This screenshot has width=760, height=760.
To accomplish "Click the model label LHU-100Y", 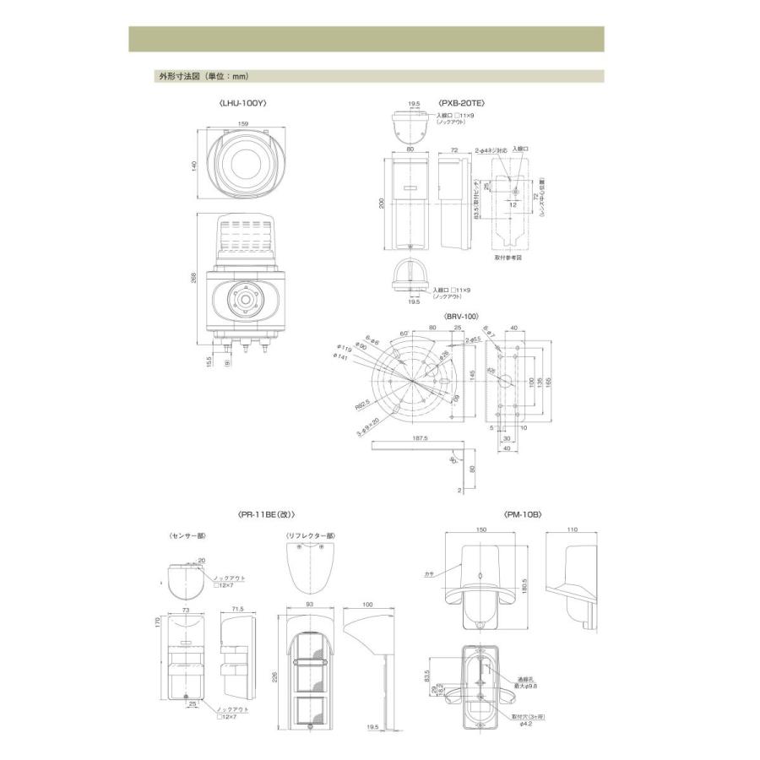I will [243, 103].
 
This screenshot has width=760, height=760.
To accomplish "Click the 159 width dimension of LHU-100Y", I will [243, 123].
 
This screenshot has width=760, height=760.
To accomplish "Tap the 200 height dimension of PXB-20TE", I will [381, 203].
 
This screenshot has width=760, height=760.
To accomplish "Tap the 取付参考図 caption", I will [508, 258].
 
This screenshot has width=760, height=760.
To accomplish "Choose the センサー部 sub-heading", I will [187, 535].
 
